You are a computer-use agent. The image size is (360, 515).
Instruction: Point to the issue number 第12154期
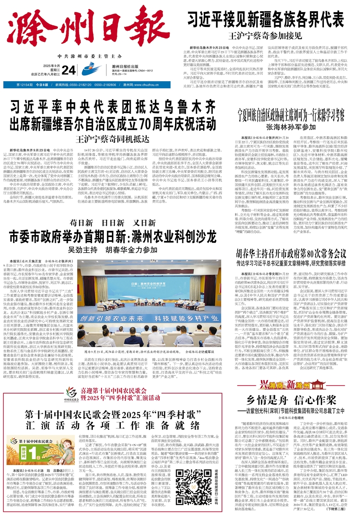click(25, 84)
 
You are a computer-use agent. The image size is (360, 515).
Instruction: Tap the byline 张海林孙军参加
click(291, 127)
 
